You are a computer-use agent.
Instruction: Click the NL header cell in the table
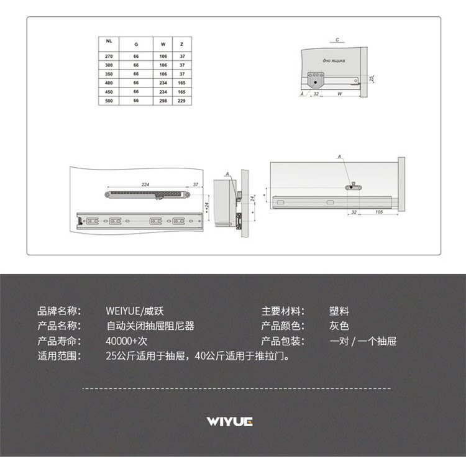point(109,41)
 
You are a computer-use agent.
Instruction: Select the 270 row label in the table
point(109,56)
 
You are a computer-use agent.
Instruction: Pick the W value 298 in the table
point(163,101)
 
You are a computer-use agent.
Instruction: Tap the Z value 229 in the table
point(181,101)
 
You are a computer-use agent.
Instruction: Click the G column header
point(136,45)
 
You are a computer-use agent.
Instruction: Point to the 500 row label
point(109,101)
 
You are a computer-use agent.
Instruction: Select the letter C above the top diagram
point(337,40)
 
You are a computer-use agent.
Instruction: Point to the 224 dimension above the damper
point(145,185)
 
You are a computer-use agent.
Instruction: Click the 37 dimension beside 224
point(195,185)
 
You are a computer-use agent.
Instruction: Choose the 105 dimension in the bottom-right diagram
point(378,212)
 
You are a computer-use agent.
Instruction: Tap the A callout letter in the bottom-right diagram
point(340,158)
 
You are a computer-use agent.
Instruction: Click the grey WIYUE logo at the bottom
point(230,422)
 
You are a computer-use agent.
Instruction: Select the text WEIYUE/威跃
point(135,311)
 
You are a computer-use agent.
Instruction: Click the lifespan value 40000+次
point(127,341)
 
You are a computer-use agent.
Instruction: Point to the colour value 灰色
point(339,326)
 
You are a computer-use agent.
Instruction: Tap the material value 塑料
point(339,311)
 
